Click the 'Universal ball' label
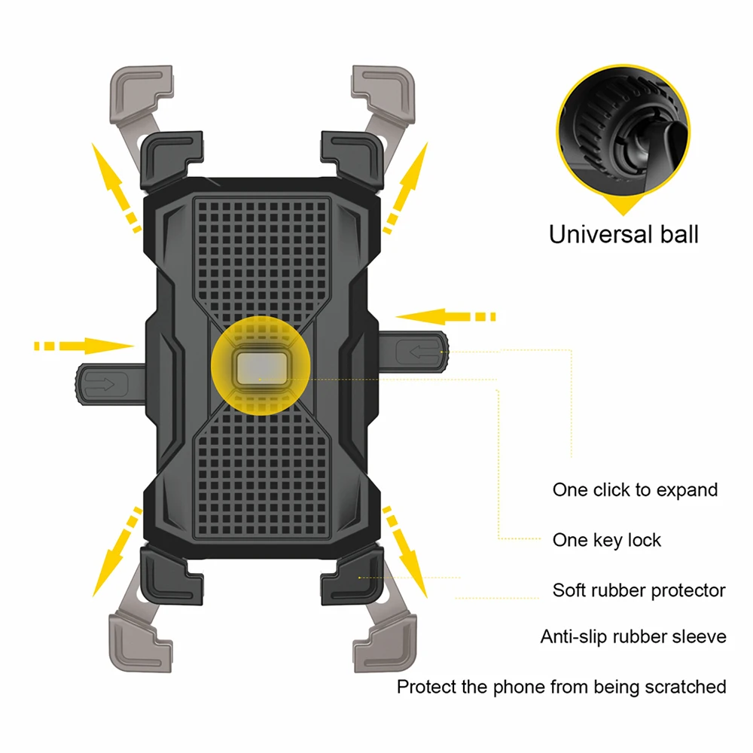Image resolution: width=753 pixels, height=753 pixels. tap(623, 234)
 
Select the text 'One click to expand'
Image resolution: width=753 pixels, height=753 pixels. tap(635, 490)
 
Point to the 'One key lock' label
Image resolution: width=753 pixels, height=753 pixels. tap(607, 540)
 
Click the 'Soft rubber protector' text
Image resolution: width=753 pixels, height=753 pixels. tap(639, 590)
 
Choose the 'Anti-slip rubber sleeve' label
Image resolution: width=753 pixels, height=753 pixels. tap(633, 637)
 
